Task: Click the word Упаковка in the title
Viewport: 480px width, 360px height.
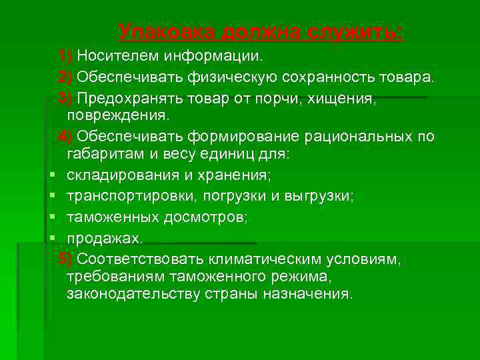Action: click(x=167, y=31)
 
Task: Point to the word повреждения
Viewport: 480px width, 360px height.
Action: click(x=118, y=115)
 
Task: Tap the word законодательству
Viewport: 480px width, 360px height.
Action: click(x=126, y=294)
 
